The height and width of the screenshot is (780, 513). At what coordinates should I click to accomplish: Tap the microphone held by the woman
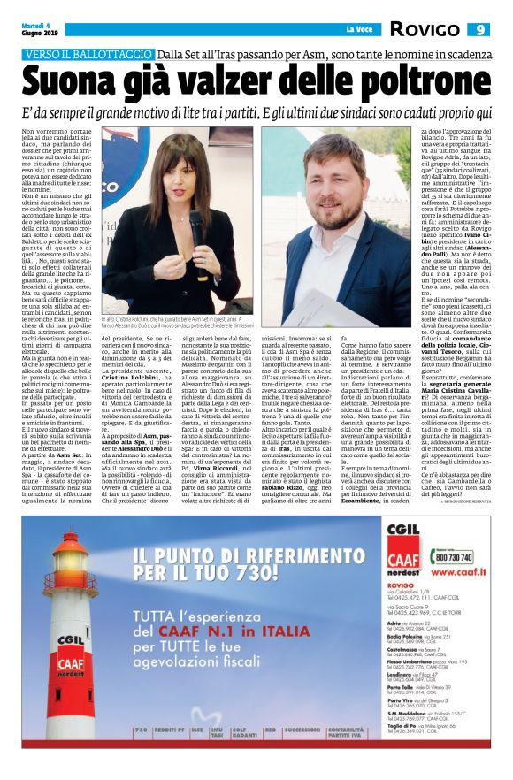(x=195, y=224)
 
